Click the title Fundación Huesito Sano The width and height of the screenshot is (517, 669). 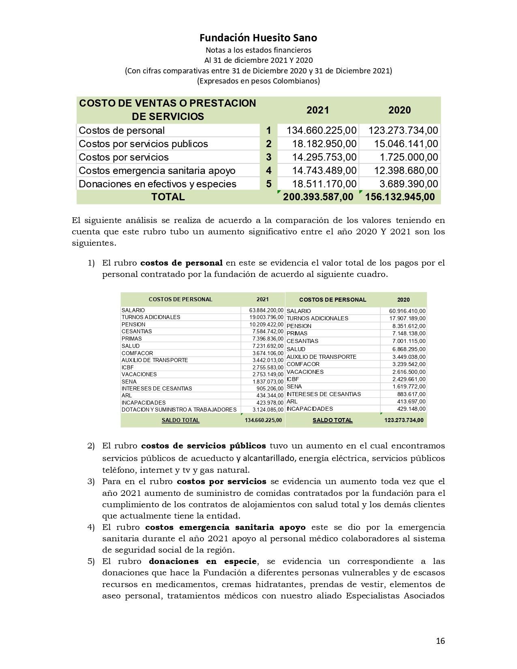pos(258,38)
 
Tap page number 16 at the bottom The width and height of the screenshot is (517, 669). pos(440,641)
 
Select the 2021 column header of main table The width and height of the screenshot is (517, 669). pos(317,110)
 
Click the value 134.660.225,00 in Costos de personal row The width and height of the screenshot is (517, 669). pos(321,130)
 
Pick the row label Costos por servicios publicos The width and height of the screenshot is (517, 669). pos(143,144)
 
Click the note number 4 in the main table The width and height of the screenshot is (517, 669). pos(268,171)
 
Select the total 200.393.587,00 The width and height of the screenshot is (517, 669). pos(318,197)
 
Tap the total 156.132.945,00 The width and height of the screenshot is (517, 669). pos(400,197)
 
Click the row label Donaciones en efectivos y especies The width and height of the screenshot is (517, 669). pos(157,184)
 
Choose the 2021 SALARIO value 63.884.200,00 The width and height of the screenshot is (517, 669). pos(266,310)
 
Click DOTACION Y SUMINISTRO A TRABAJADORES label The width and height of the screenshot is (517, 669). pos(179,410)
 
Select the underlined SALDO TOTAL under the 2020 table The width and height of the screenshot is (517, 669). pos(333,420)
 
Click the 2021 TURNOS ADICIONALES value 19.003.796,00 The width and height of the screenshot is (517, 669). pos(266,317)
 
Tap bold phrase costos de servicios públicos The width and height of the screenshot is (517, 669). pos(204,446)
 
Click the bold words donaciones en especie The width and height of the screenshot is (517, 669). pos(202,561)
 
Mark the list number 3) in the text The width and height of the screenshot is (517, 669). pos(91,481)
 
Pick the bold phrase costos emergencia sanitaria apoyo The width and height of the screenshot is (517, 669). pos(225,527)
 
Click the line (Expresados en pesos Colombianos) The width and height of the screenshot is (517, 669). pos(258,81)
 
